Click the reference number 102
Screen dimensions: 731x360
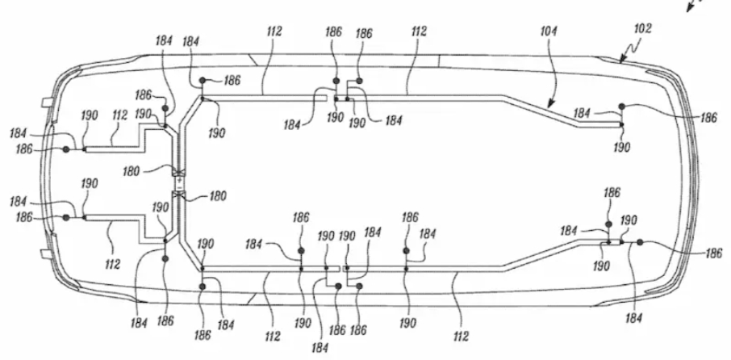(x=642, y=28)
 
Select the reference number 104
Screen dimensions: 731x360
(x=549, y=31)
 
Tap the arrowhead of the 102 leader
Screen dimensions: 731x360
(x=621, y=60)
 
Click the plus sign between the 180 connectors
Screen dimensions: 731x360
(x=179, y=180)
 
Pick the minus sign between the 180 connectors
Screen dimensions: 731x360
(x=179, y=186)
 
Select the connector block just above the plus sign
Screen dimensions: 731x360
(x=179, y=174)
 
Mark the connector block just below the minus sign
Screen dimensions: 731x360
(x=179, y=194)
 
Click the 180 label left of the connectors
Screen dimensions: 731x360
(x=132, y=172)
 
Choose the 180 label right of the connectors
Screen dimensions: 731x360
(x=218, y=195)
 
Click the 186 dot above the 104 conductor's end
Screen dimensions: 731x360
(x=621, y=107)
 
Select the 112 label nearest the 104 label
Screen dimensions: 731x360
(x=419, y=31)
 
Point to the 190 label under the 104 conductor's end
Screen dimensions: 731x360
(x=621, y=148)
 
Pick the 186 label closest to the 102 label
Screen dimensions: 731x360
(x=708, y=118)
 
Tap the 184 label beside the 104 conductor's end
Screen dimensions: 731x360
(x=583, y=113)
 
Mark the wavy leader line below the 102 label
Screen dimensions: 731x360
(x=631, y=50)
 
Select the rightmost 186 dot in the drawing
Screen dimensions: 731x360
(x=640, y=241)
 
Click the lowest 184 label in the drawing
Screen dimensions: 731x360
(x=320, y=347)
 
